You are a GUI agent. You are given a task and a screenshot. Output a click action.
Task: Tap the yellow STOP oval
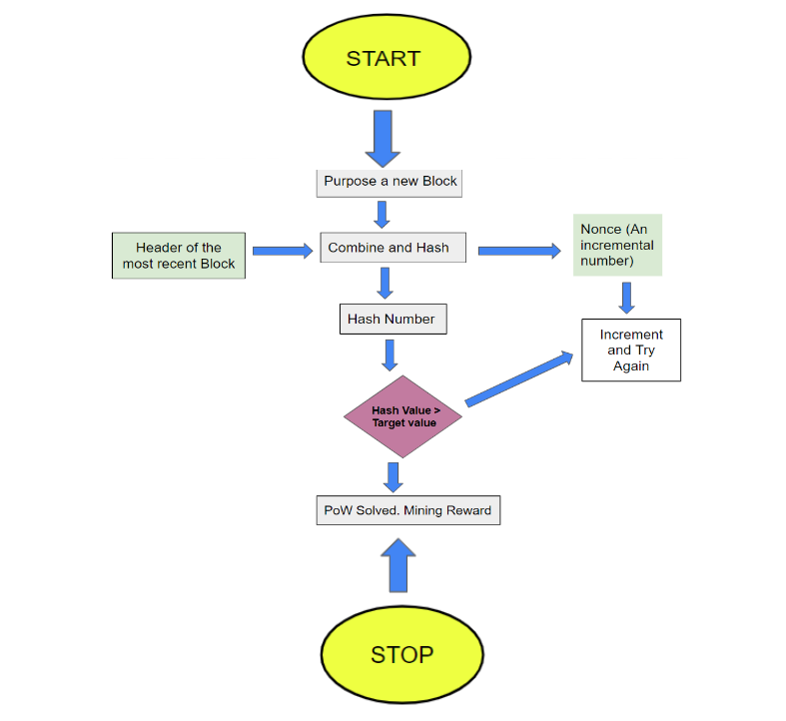401,654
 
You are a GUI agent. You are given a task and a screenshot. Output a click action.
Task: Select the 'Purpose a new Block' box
390,182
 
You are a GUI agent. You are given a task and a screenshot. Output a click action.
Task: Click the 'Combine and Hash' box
393,248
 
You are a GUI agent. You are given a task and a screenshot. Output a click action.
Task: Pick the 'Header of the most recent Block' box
179,256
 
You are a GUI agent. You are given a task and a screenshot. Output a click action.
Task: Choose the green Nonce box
617,245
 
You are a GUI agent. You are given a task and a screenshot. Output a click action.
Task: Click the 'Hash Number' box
392,319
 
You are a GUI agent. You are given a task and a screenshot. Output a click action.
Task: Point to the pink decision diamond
403,416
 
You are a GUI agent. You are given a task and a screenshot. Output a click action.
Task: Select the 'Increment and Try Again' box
630,351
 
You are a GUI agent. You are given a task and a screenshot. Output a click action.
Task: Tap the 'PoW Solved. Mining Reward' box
406,510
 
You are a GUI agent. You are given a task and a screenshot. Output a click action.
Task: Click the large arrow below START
383,138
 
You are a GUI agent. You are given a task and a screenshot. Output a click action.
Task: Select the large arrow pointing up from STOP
396,565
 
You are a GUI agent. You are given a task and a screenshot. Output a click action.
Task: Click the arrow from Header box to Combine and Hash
282,251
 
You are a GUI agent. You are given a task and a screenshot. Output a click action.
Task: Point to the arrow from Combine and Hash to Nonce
518,251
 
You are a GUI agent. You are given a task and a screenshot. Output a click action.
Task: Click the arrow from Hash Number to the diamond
390,355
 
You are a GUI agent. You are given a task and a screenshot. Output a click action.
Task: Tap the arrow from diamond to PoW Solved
393,476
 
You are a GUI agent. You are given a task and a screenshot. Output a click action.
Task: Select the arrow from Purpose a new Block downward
382,214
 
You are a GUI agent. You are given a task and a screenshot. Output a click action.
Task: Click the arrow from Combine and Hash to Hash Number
386,283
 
